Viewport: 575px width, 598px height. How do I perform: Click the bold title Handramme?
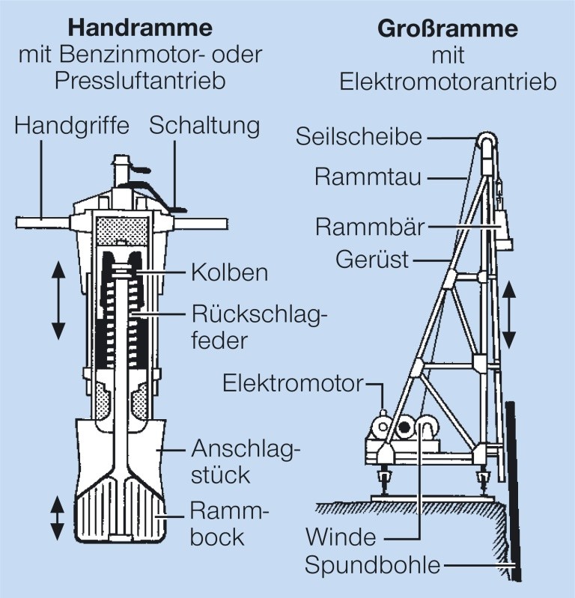pos(140,28)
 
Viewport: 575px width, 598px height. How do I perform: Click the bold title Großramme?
pos(448,29)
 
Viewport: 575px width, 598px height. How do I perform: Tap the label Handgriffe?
pos(72,126)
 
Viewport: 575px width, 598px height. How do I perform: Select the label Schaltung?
pos(204,126)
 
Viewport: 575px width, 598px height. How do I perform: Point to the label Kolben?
pos(230,272)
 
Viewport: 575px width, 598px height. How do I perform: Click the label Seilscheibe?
pos(359,136)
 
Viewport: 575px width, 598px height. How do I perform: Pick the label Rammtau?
pos(368,177)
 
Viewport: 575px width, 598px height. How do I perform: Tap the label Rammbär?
pos(370,227)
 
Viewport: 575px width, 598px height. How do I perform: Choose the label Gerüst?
pos(372,260)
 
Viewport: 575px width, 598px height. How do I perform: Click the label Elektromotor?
pos(293,383)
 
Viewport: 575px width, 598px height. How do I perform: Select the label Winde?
pos(341,537)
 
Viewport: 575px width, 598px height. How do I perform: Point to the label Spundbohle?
pos(372,565)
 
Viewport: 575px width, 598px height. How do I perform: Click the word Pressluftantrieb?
pos(140,81)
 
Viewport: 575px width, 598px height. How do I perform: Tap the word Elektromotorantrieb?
pos(448,82)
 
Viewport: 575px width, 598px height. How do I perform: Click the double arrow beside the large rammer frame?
pos(509,315)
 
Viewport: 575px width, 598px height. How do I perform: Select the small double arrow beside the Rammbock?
pos(57,517)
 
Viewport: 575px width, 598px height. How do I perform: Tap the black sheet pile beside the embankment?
pos(514,491)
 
